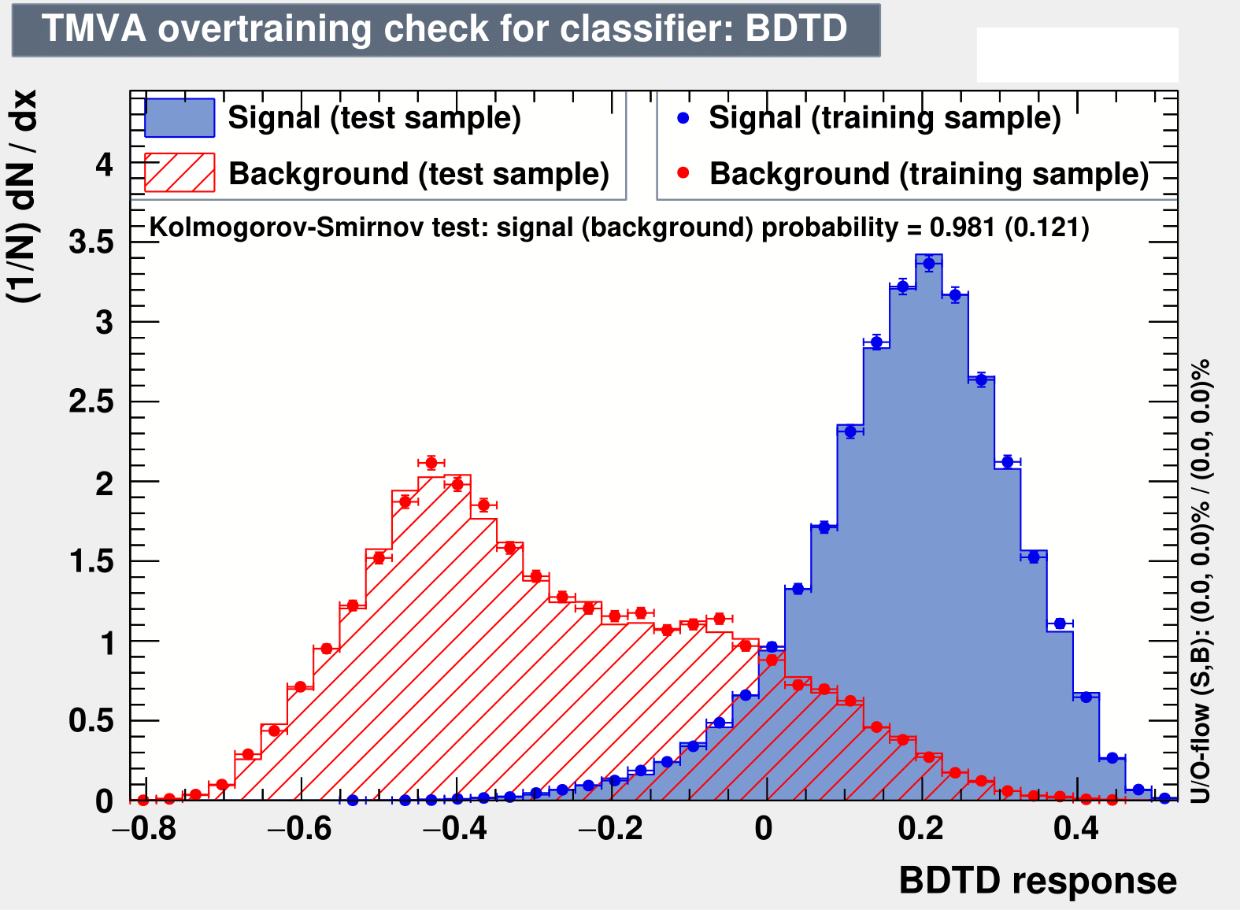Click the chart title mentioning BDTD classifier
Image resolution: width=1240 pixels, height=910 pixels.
click(x=445, y=28)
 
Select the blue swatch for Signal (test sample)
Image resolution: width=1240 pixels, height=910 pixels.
click(x=180, y=118)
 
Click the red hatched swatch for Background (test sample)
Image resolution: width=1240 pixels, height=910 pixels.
click(x=180, y=172)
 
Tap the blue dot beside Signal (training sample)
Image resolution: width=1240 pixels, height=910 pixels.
click(x=683, y=118)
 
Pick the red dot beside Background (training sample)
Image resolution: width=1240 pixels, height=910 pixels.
click(x=683, y=173)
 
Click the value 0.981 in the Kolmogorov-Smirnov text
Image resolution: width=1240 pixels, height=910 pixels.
click(x=963, y=227)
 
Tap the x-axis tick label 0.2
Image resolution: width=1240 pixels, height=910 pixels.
click(x=920, y=829)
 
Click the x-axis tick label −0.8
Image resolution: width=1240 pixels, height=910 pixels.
click(x=145, y=829)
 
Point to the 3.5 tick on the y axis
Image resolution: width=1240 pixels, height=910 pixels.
click(x=91, y=242)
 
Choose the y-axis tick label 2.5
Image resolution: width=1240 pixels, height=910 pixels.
click(x=91, y=401)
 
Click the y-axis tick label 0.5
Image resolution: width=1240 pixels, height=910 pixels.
click(x=91, y=721)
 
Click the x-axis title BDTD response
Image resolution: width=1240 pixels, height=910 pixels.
click(x=1038, y=881)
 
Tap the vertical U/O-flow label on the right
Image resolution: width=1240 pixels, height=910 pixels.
click(x=1200, y=581)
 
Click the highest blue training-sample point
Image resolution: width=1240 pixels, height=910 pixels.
click(x=929, y=264)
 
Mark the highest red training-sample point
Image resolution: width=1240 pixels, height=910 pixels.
click(x=431, y=463)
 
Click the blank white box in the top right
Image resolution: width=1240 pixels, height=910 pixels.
click(x=1077, y=55)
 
